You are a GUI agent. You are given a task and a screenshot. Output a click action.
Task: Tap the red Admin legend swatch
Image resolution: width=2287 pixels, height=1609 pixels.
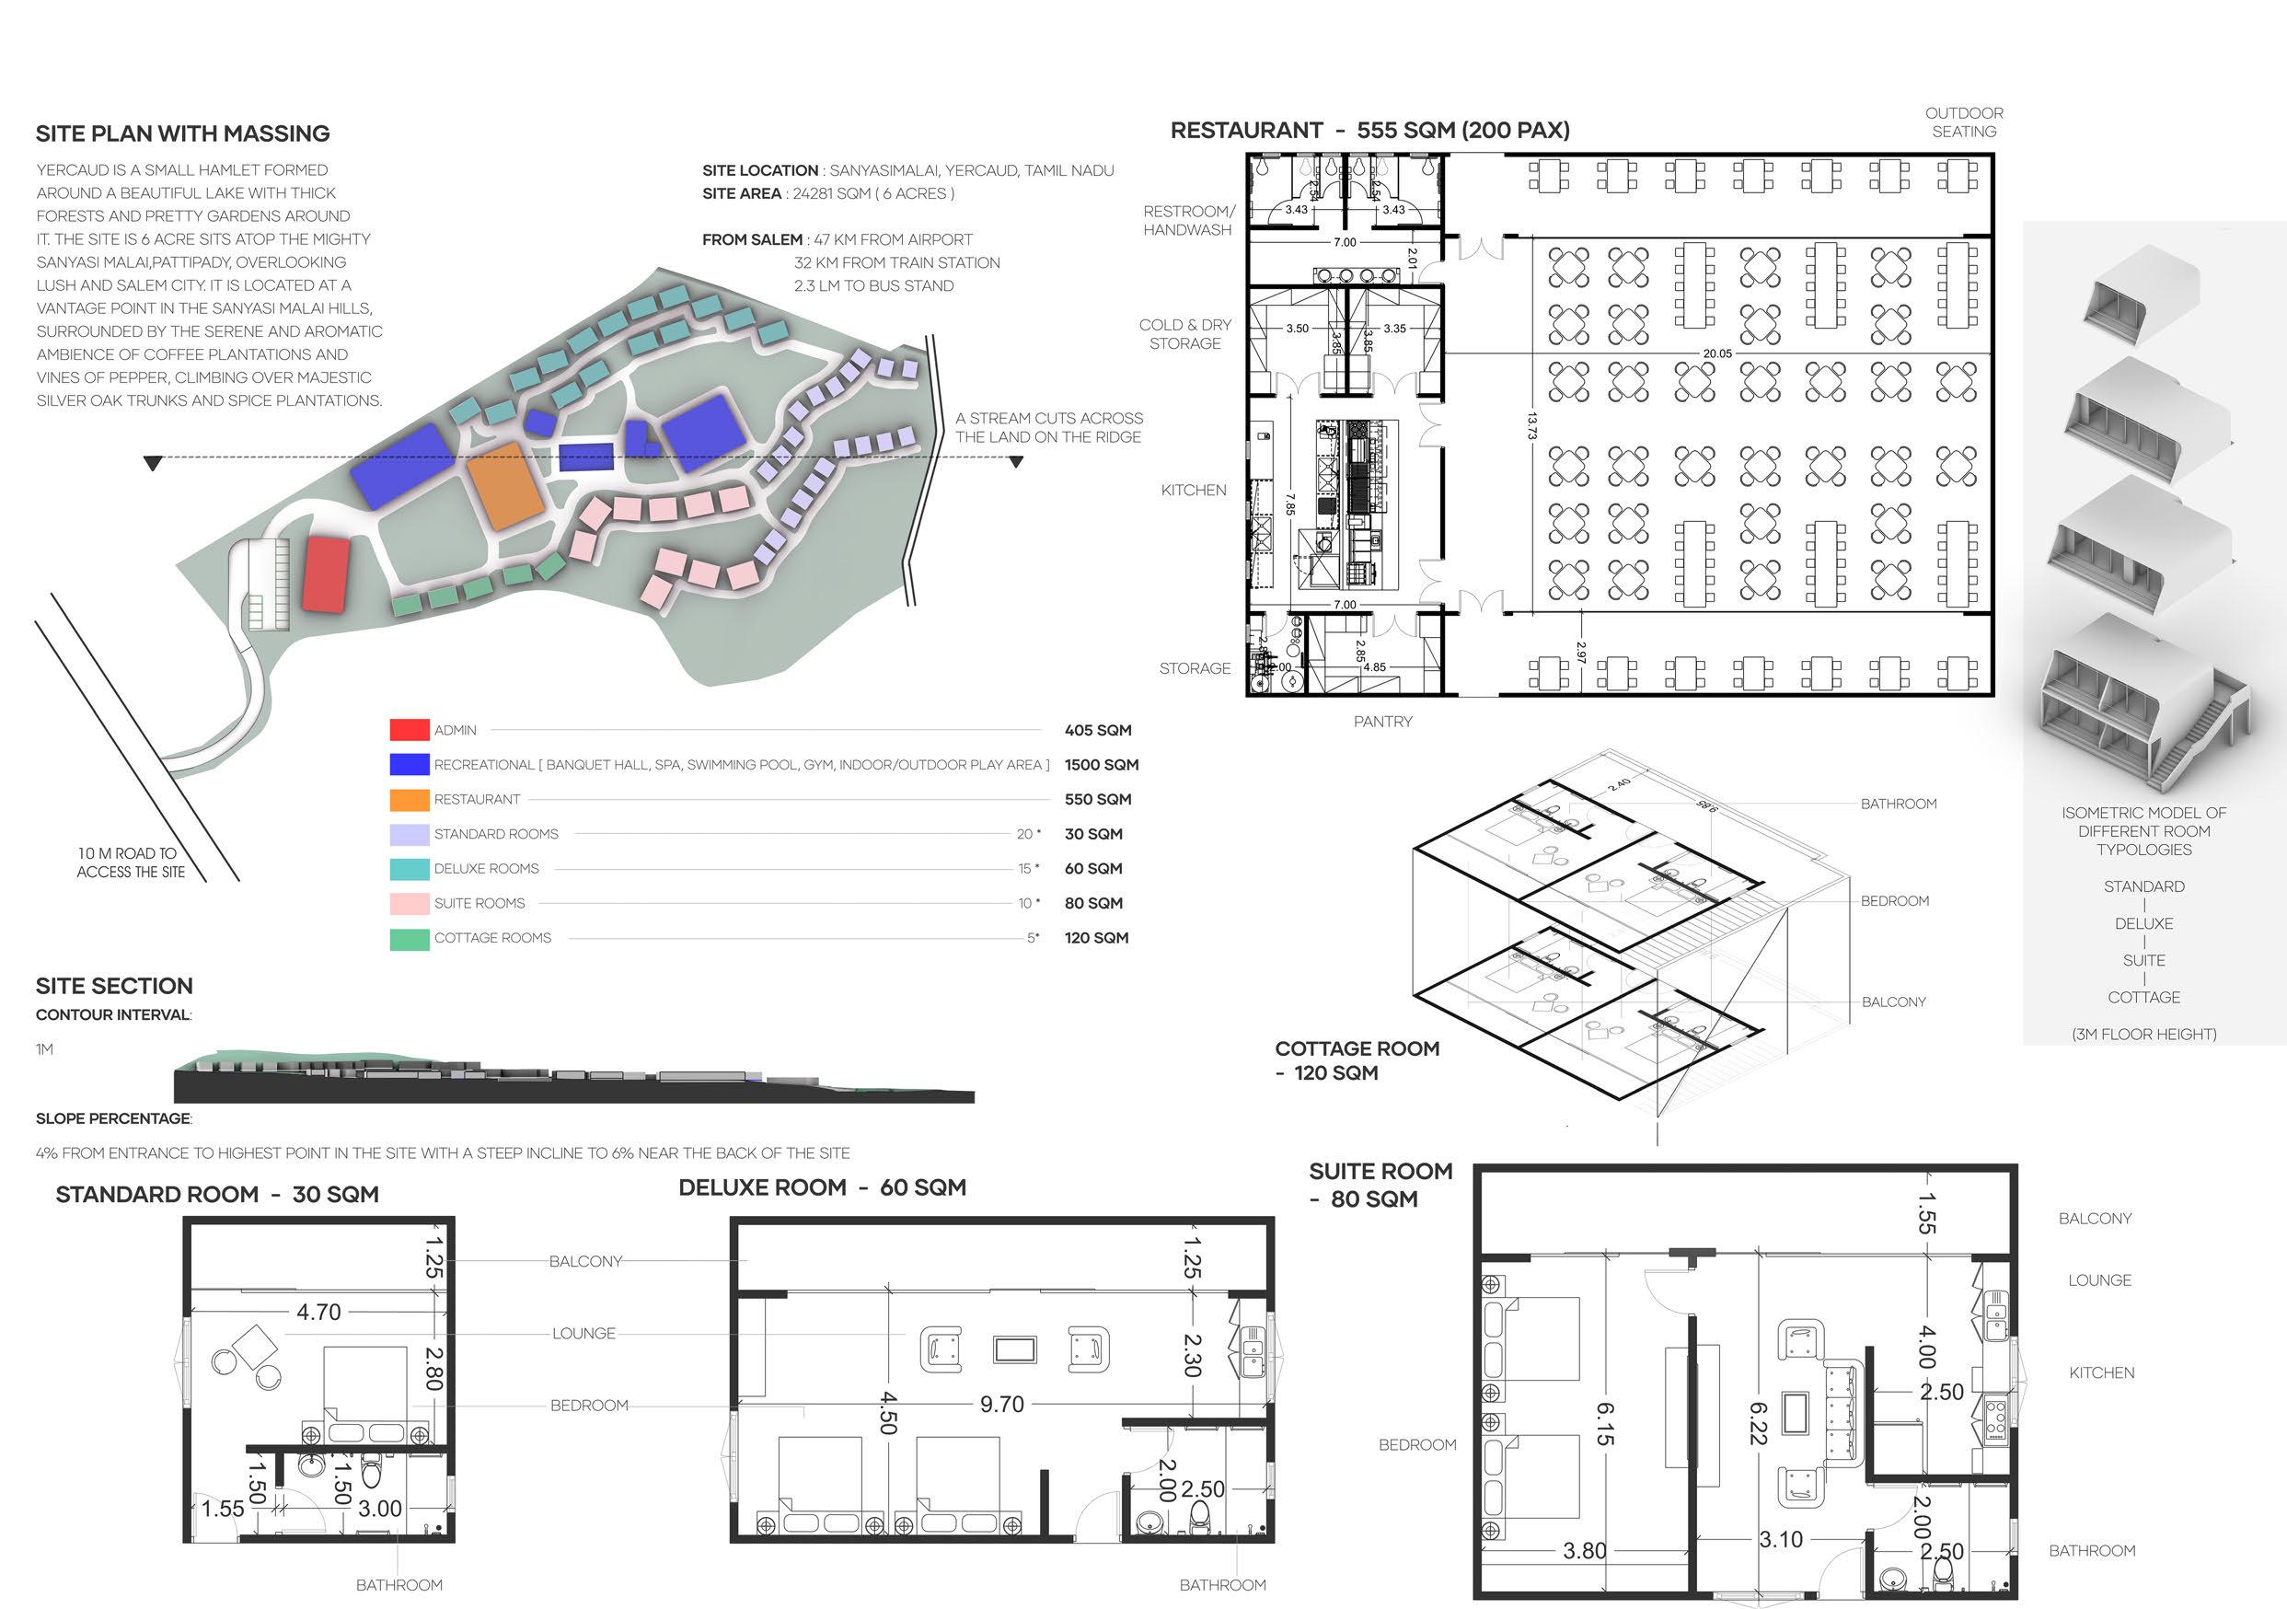pyautogui.click(x=410, y=730)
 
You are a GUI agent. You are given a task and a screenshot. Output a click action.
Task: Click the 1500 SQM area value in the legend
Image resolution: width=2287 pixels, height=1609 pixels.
pyautogui.click(x=1101, y=765)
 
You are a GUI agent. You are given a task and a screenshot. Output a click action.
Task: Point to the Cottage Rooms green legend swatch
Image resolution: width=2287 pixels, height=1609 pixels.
pyautogui.click(x=410, y=939)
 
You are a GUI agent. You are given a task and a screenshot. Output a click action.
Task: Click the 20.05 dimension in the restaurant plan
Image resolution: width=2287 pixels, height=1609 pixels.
pyautogui.click(x=1717, y=353)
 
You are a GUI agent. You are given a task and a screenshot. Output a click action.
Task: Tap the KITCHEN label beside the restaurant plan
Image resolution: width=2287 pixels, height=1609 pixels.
pyautogui.click(x=1194, y=491)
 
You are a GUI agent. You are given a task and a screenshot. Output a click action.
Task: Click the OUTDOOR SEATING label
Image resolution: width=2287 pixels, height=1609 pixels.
pyautogui.click(x=1963, y=122)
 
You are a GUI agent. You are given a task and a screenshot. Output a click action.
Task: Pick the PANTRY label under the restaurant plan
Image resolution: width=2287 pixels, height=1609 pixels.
pyautogui.click(x=1382, y=722)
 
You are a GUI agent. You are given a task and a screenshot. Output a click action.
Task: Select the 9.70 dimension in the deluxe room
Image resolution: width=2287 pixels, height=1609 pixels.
pyautogui.click(x=1001, y=1405)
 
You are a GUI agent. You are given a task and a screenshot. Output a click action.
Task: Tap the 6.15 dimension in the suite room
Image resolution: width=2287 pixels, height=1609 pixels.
pyautogui.click(x=1605, y=1425)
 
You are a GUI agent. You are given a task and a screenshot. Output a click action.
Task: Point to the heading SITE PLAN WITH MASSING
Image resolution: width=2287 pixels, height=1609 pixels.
pyautogui.click(x=182, y=133)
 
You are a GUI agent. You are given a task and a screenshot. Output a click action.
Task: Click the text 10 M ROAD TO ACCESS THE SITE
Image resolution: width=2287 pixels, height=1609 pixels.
pyautogui.click(x=131, y=862)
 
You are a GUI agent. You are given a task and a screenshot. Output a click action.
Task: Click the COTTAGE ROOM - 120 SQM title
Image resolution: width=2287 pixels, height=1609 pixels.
pyautogui.click(x=1356, y=1060)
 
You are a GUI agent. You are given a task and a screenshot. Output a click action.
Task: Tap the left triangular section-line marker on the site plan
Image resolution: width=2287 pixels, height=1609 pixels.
pyautogui.click(x=153, y=463)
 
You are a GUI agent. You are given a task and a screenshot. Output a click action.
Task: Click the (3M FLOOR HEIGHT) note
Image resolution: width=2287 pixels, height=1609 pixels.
pyautogui.click(x=2143, y=1034)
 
